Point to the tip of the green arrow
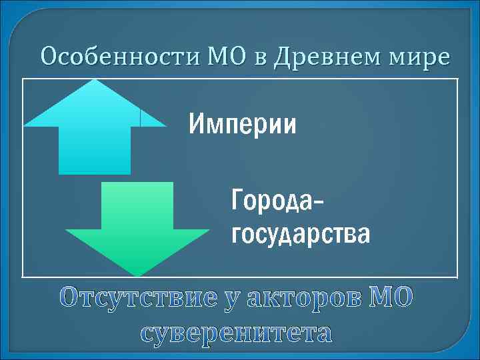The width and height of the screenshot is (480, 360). [138, 274]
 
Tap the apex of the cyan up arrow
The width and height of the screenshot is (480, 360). [95, 81]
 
